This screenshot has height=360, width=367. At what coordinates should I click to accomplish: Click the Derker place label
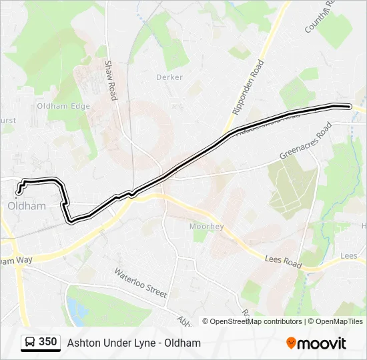pyautogui.click(x=169, y=77)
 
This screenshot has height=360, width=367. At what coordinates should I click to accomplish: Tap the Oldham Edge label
pyautogui.click(x=63, y=106)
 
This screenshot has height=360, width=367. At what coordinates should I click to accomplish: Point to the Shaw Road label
pyautogui.click(x=110, y=81)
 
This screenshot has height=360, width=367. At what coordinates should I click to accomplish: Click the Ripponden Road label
pyautogui.click(x=249, y=95)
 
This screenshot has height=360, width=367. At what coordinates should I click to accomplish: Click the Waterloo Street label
pyautogui.click(x=140, y=283)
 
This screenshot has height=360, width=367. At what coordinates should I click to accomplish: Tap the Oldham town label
pyautogui.click(x=27, y=206)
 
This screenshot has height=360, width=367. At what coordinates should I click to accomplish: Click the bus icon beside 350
pyautogui.click(x=30, y=343)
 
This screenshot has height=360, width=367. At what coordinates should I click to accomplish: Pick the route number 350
pyautogui.click(x=48, y=342)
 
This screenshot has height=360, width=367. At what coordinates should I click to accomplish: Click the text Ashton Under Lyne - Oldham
pyautogui.click(x=133, y=343)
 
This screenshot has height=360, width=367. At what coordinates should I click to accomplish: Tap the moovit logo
pyautogui.click(x=316, y=343)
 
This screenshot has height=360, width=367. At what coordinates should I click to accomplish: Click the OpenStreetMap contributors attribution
pyautogui.click(x=252, y=321)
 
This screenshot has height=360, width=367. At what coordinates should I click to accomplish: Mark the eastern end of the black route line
pyautogui.click(x=349, y=106)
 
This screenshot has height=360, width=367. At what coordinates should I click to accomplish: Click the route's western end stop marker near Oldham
pyautogui.click(x=17, y=193)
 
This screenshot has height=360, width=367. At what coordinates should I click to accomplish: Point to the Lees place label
pyautogui.click(x=348, y=255)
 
